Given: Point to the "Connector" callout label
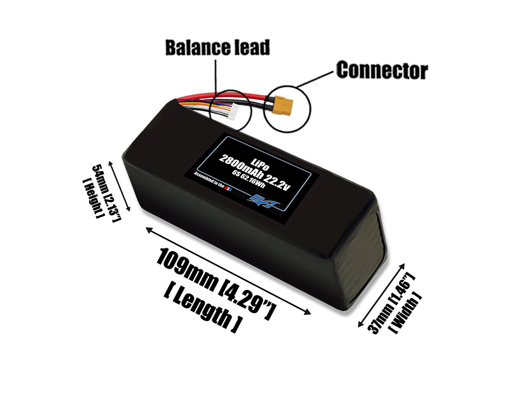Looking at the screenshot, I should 382,70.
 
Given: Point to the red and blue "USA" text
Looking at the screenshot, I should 229,188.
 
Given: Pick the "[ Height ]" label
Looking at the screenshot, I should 91,197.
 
